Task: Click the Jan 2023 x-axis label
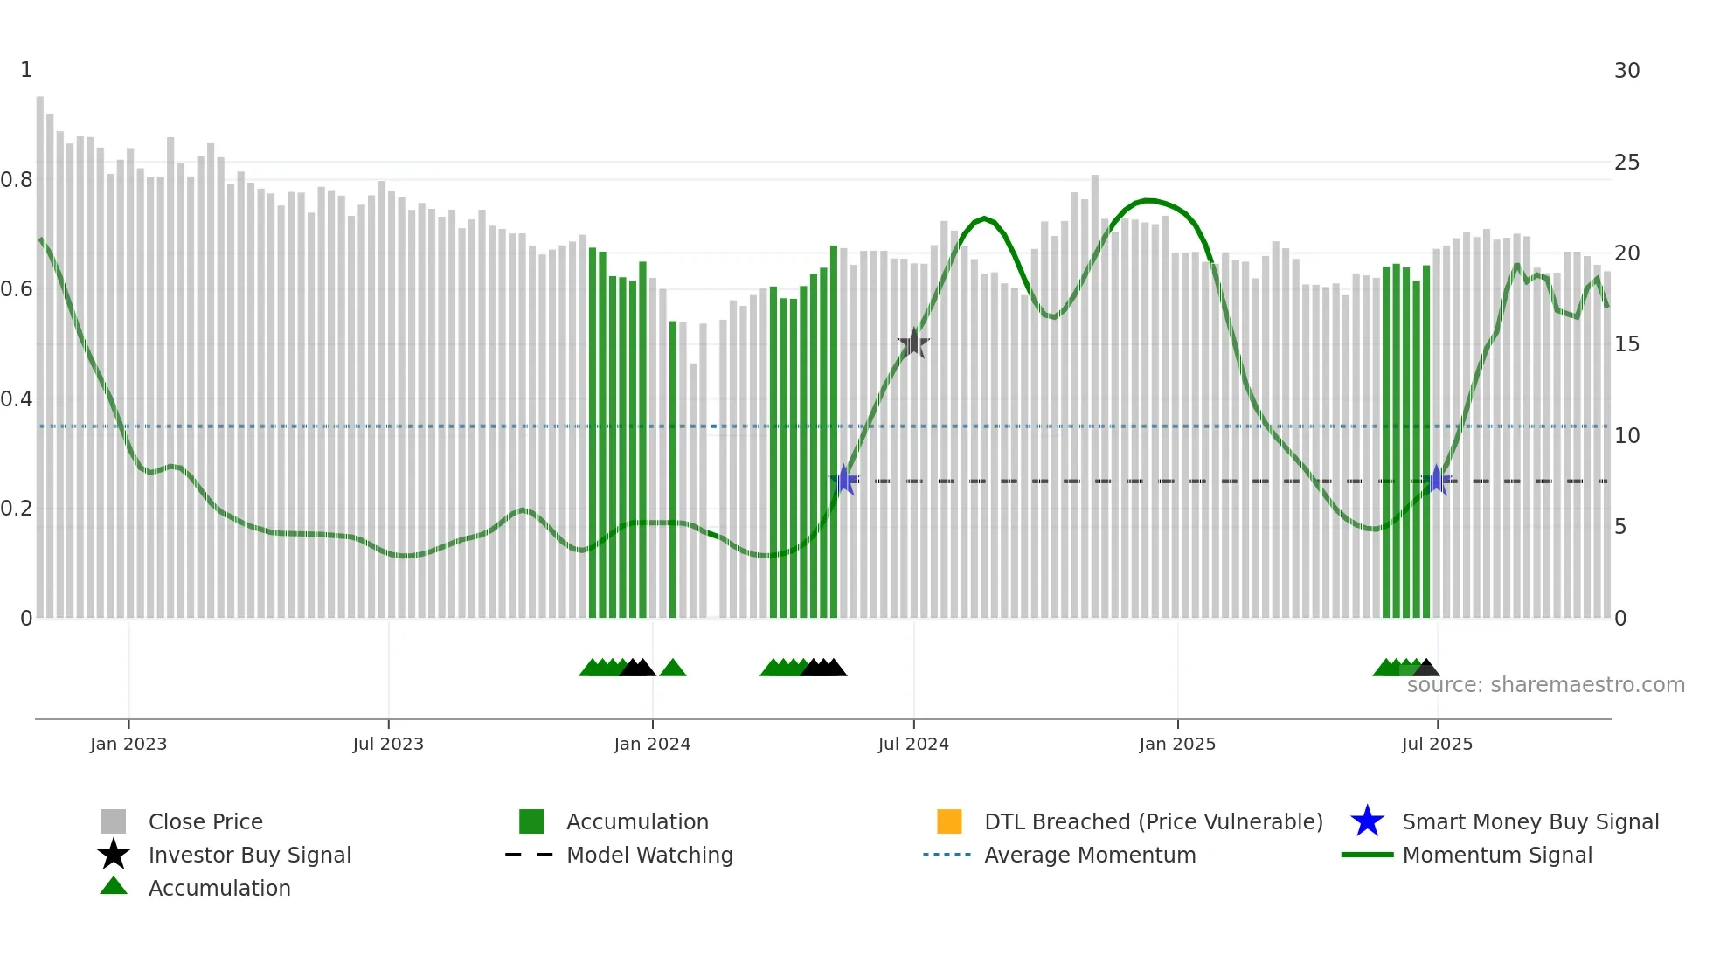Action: (128, 744)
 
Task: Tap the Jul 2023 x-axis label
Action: (388, 744)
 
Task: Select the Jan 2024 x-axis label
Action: (652, 744)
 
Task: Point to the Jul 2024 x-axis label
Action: (913, 744)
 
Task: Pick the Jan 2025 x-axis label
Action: (1177, 744)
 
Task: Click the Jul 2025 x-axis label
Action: (1437, 744)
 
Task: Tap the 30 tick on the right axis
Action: (1626, 71)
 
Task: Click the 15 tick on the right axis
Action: (1626, 344)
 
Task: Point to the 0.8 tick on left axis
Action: (17, 180)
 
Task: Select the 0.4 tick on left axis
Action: (17, 399)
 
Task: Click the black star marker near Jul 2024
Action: (913, 343)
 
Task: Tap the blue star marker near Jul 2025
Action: (1436, 480)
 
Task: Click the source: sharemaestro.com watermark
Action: (1545, 685)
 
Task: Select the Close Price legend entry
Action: (205, 821)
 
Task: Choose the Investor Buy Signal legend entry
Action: (249, 855)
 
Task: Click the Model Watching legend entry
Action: (649, 855)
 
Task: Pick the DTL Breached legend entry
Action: (1153, 821)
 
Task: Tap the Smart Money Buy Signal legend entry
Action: (1529, 821)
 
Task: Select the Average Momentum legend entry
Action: (1090, 855)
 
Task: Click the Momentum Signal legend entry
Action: (1497, 855)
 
